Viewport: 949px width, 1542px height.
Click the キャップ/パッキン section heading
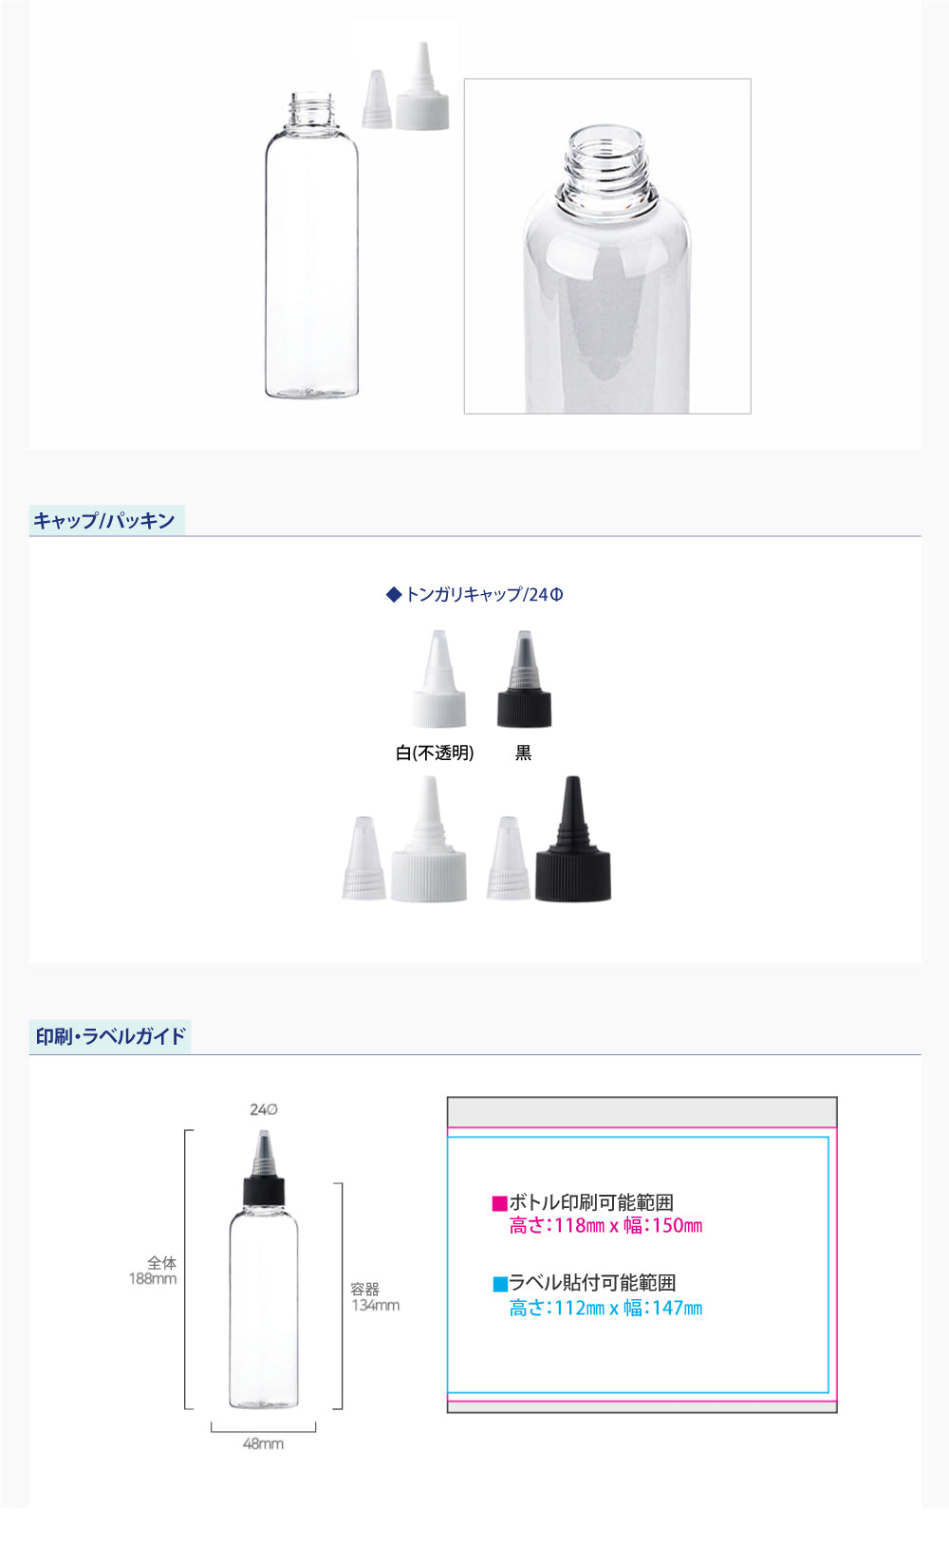104,520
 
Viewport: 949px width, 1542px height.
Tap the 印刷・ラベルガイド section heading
111,1036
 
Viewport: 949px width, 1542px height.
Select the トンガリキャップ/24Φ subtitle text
474,594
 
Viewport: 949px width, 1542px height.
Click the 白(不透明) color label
435,752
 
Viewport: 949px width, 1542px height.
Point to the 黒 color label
524,752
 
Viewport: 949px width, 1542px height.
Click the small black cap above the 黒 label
524,678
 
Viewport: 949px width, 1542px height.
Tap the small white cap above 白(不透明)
439,678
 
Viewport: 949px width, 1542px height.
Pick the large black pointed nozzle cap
573,839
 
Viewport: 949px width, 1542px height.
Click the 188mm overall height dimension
153,1278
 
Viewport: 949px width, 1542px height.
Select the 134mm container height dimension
376,1305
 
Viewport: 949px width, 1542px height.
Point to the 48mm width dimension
263,1443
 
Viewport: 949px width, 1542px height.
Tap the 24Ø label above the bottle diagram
264,1109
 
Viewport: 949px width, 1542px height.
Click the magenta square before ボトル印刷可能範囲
500,1203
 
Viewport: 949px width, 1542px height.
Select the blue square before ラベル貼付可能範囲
500,1284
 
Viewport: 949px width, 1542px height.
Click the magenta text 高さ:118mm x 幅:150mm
606,1225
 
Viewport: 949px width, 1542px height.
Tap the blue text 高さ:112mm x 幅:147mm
606,1308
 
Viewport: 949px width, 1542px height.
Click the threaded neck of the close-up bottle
606,165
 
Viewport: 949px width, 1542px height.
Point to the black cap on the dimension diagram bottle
264,1191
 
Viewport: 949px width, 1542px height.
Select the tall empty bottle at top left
312,245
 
